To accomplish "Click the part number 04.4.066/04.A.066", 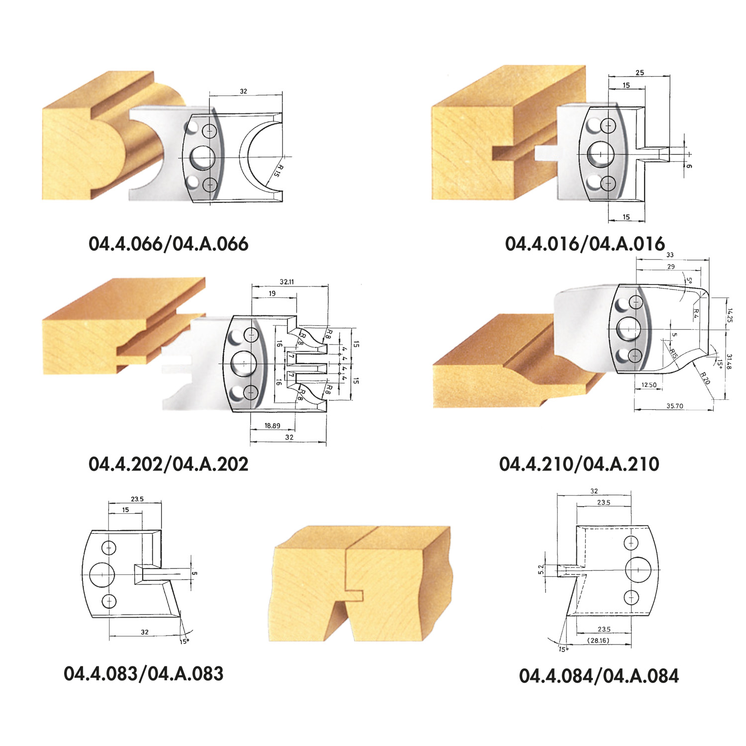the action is [169, 244].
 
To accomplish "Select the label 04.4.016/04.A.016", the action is [585, 244].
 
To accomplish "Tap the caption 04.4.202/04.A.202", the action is [169, 464].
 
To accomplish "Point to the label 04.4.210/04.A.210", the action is [579, 464].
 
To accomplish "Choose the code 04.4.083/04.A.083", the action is [144, 674].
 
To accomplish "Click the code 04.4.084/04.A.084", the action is [599, 676].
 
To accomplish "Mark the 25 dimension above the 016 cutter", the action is [640, 73].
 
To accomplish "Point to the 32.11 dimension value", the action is [286, 281].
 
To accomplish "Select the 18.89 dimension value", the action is [272, 426].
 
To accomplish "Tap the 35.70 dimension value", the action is [675, 406].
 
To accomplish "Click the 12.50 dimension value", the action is [649, 385].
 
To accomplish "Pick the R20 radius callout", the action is [705, 378].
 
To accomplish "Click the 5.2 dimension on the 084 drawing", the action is [541, 569].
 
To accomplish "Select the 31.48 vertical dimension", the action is [729, 362].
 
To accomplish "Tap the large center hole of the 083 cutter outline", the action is [102, 574].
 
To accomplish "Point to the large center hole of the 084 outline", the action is [638, 569].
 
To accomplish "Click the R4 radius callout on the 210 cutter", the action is [697, 314].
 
